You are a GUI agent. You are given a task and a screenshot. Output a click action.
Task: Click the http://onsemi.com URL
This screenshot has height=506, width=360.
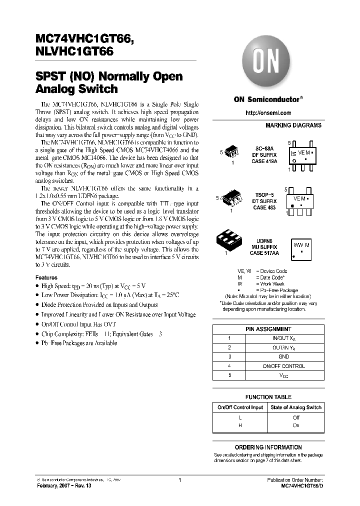pyautogui.click(x=268, y=113)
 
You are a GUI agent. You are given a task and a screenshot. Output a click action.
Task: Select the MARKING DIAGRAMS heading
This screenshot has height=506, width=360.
pyautogui.click(x=293, y=125)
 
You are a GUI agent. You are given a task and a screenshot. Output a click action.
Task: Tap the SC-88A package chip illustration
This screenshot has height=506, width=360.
pyautogui.click(x=232, y=152)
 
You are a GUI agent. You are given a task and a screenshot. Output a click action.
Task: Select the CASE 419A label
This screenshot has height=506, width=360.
pyautogui.click(x=265, y=162)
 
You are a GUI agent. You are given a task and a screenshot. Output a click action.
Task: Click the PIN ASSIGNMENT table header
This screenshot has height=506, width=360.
pyautogui.click(x=268, y=329)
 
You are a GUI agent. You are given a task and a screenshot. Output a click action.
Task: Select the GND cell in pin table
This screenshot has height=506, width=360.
pyautogui.click(x=283, y=356)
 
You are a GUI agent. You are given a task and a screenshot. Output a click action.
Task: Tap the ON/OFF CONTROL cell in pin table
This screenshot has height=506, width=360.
pyautogui.click(x=283, y=366)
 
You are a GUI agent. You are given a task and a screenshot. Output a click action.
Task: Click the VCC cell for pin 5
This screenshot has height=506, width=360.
pyautogui.click(x=283, y=375)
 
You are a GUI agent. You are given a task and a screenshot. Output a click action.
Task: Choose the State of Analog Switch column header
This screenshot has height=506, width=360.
pyautogui.click(x=295, y=407)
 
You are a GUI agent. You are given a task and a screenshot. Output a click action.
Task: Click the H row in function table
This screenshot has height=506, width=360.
pyautogui.click(x=240, y=425)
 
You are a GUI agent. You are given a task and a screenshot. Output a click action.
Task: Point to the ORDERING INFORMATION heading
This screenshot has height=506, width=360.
pyautogui.click(x=268, y=447)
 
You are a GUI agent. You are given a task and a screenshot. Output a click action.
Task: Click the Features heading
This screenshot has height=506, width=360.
pyautogui.click(x=46, y=277)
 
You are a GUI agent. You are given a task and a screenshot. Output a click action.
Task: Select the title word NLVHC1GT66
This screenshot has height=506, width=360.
pyautogui.click(x=74, y=51)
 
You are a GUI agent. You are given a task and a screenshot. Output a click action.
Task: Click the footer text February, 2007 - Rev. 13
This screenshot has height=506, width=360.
pyautogui.click(x=62, y=485)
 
